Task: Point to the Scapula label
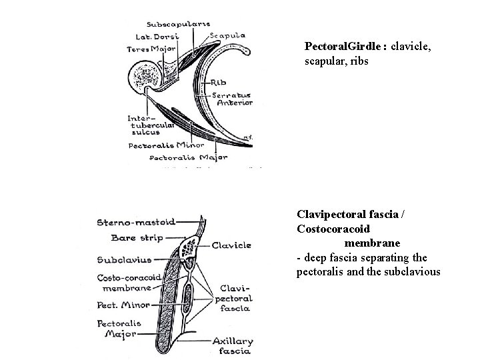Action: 228,35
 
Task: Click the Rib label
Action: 219,83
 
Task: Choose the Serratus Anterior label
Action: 233,99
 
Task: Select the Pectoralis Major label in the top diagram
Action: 189,158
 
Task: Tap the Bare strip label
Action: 133,237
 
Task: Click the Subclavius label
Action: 123,259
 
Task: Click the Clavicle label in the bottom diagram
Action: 231,245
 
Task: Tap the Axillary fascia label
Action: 233,345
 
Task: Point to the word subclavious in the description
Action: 411,271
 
